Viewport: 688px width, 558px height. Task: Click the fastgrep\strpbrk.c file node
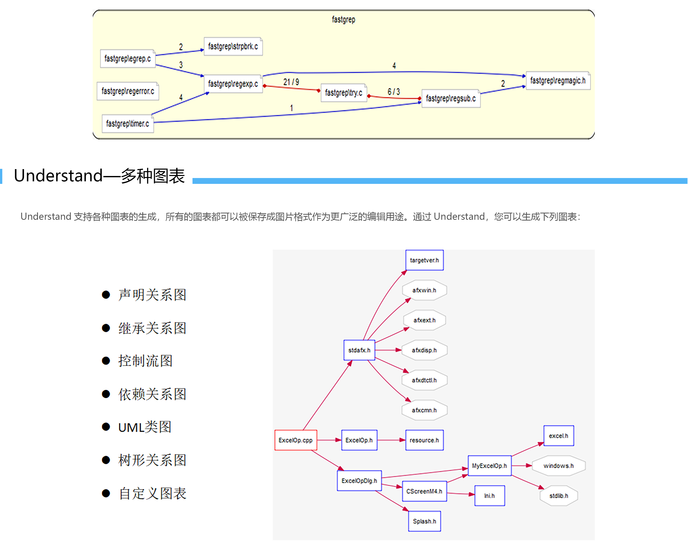(233, 46)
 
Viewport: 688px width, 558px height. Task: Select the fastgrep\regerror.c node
(128, 91)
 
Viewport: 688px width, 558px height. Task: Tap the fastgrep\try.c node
(343, 93)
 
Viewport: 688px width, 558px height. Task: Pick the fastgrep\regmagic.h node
(558, 80)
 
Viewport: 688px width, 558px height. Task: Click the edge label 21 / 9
(291, 82)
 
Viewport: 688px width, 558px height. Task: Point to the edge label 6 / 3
(393, 92)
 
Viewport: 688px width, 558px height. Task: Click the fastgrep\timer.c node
(128, 124)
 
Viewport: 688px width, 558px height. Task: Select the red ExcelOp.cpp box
(295, 440)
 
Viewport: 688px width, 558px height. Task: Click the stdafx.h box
(359, 350)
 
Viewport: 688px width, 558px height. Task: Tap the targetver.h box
(424, 260)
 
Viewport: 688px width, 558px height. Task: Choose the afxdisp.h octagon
(424, 350)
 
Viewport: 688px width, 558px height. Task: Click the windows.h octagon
(558, 466)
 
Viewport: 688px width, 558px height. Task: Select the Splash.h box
(424, 521)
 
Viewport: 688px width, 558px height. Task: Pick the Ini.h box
(489, 496)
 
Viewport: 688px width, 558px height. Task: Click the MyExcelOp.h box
(489, 466)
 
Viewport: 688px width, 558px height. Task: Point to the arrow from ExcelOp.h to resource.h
(391, 440)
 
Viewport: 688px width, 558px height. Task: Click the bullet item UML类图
(145, 427)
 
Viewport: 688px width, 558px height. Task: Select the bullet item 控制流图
(145, 361)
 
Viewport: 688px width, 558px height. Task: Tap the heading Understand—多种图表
(99, 176)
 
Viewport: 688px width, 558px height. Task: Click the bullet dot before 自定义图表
(106, 493)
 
